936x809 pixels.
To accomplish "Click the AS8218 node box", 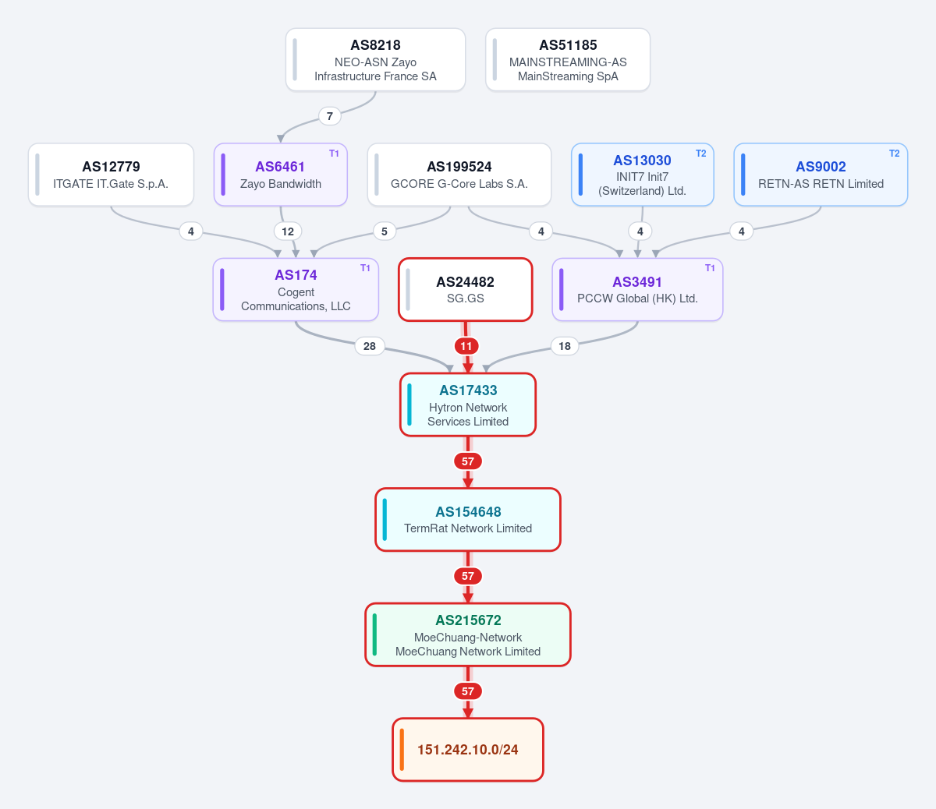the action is [x=375, y=60].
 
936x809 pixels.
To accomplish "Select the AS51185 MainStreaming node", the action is [x=568, y=60].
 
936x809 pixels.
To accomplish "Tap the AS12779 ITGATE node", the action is [x=111, y=175].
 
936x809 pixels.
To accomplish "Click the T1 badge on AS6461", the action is [x=334, y=154].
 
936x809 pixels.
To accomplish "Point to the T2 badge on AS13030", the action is [x=701, y=154].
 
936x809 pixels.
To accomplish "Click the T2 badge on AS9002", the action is [x=895, y=154].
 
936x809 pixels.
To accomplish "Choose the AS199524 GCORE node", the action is [x=459, y=175].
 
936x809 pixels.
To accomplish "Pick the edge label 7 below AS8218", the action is [x=330, y=116].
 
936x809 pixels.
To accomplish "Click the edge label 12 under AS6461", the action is [x=288, y=231].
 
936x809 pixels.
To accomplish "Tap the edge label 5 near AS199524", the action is [x=385, y=231].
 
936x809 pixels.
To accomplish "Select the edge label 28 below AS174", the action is [x=370, y=346].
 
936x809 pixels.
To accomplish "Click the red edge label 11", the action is [x=466, y=346].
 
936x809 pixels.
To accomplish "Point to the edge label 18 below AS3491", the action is [x=565, y=346].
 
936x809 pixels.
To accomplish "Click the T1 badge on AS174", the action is [x=366, y=268].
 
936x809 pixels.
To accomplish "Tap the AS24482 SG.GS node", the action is [x=466, y=290].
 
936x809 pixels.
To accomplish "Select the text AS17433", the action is [x=468, y=390].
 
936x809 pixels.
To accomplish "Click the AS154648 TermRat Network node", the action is [x=468, y=519].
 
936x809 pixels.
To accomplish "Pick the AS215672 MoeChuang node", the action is [x=468, y=634].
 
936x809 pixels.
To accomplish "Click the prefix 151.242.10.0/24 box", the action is [x=468, y=749].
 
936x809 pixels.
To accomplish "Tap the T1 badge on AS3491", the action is [x=710, y=268].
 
